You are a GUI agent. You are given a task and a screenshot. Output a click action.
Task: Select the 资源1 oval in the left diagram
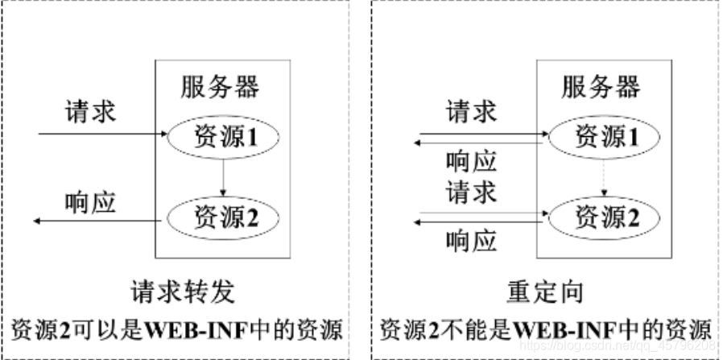(x=219, y=139)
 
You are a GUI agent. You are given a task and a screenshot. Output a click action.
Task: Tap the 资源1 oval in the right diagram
(x=600, y=138)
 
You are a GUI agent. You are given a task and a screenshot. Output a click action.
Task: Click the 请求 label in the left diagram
(x=90, y=112)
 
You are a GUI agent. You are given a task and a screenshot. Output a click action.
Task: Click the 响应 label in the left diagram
(x=90, y=202)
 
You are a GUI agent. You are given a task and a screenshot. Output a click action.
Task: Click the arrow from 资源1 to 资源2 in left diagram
(x=222, y=176)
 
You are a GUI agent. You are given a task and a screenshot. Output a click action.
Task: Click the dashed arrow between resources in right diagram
(x=603, y=176)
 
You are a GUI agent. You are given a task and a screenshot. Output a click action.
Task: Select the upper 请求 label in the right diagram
(x=471, y=112)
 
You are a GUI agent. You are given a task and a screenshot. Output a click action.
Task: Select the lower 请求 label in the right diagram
(x=471, y=193)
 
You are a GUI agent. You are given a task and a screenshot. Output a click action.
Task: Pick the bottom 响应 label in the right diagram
(x=471, y=241)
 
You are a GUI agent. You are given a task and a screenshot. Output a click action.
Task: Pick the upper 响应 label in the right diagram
(x=471, y=162)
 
